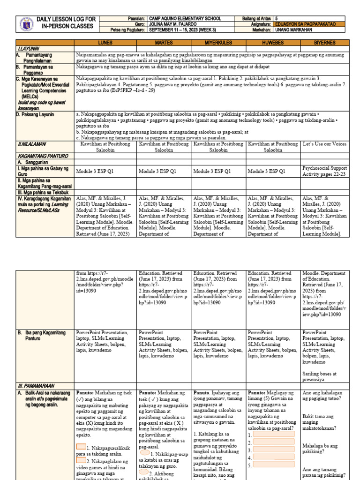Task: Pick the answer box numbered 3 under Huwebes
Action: click(273, 450)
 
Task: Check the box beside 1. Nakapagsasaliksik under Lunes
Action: click(82, 447)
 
